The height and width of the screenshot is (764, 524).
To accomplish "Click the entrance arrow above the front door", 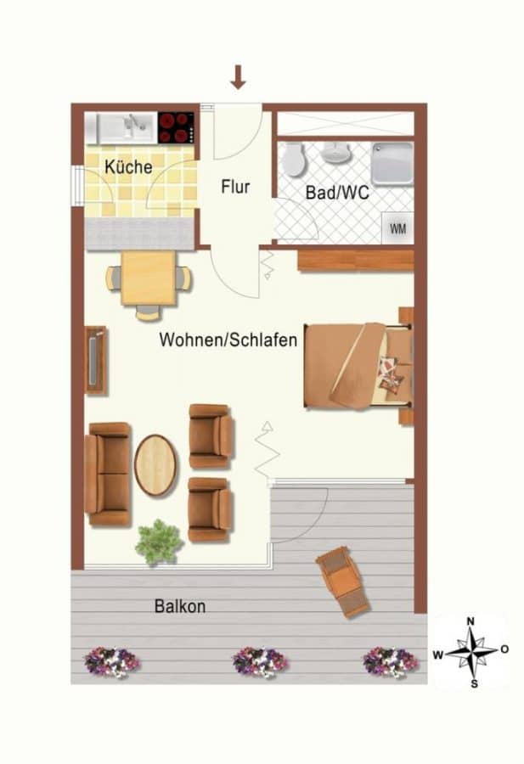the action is pos(238,77).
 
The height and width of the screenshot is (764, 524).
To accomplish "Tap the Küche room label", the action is pos(128,167).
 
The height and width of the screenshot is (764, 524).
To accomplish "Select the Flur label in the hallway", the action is pos(235,187).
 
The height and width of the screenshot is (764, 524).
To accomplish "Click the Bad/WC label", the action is pos(337,193).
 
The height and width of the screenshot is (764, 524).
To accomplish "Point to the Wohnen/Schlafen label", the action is pos(228,340).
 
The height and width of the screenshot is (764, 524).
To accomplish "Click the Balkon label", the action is pos(180,606).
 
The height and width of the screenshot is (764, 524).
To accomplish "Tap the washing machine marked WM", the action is pos(397,228).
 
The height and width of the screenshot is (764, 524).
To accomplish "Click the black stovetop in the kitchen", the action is pos(176,127).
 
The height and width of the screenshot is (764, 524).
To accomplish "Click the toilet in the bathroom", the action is pos(295,159).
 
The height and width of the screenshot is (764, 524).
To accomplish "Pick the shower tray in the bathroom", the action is pos(392,164).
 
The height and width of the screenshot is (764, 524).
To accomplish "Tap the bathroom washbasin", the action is pos(335,153).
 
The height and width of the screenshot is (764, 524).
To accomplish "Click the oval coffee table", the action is pos(155,465).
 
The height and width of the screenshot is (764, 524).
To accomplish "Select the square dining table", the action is pos(148,278).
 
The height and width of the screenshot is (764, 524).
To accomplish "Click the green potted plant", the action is pos(159,542).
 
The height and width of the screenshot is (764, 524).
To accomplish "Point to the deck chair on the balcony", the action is pos(342,581).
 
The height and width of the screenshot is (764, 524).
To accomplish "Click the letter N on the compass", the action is pos(470,621).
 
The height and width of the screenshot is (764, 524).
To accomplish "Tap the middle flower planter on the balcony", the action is pos(260,661).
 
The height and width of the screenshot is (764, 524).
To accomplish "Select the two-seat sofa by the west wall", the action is pos(108,474).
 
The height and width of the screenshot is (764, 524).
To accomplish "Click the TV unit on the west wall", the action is pos(95,360).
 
